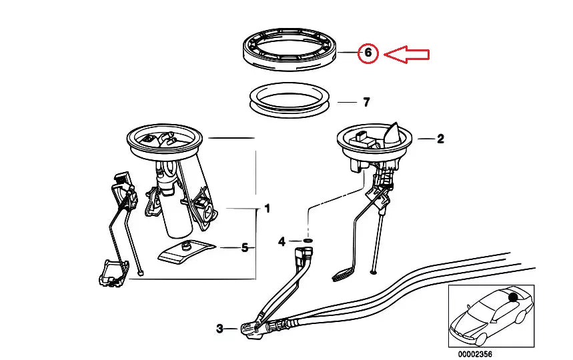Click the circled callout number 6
368,53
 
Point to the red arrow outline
406,55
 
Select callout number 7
366,102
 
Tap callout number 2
440,139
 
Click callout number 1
267,209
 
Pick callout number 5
245,247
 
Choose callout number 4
281,241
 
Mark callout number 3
219,329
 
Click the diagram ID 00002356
475,354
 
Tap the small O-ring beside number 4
308,241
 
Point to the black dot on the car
514,297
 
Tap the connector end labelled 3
251,330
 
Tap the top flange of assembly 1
165,140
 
